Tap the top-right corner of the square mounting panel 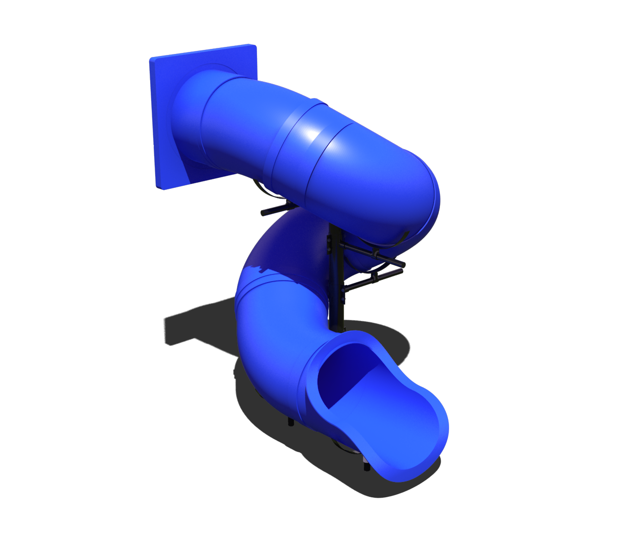tap(255, 46)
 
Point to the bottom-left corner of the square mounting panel tap(164, 188)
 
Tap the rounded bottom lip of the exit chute tap(403, 476)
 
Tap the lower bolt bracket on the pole tap(342, 292)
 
